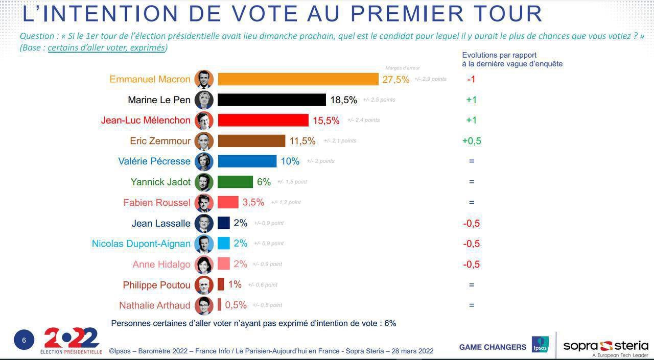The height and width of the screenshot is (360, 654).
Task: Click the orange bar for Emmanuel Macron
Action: point(298,79)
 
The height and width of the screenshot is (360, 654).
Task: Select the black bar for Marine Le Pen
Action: point(272,100)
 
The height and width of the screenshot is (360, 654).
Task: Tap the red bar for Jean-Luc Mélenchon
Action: point(263,120)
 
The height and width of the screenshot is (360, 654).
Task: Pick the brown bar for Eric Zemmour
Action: point(251,141)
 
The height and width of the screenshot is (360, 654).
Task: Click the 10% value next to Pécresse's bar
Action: point(290,161)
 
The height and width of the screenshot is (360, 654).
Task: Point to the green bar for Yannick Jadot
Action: point(235,182)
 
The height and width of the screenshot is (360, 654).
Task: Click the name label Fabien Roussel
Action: point(157,203)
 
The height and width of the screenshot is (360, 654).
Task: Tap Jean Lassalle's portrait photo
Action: point(204,223)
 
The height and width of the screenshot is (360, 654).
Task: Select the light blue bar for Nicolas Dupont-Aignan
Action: point(224,244)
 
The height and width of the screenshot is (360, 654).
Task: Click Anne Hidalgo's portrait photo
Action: point(204,264)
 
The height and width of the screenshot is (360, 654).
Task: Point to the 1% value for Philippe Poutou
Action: point(235,284)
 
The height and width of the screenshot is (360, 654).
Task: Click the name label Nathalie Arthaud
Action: point(154,305)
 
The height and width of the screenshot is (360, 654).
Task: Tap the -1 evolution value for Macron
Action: point(471,79)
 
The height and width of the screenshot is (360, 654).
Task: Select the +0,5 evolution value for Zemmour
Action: point(472,141)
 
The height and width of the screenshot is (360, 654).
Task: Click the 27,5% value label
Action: point(395,80)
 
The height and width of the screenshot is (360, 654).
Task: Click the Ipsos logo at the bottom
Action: point(540,345)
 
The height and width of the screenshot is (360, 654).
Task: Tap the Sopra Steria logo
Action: point(605,347)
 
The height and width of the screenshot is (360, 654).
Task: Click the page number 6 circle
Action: point(24,340)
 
